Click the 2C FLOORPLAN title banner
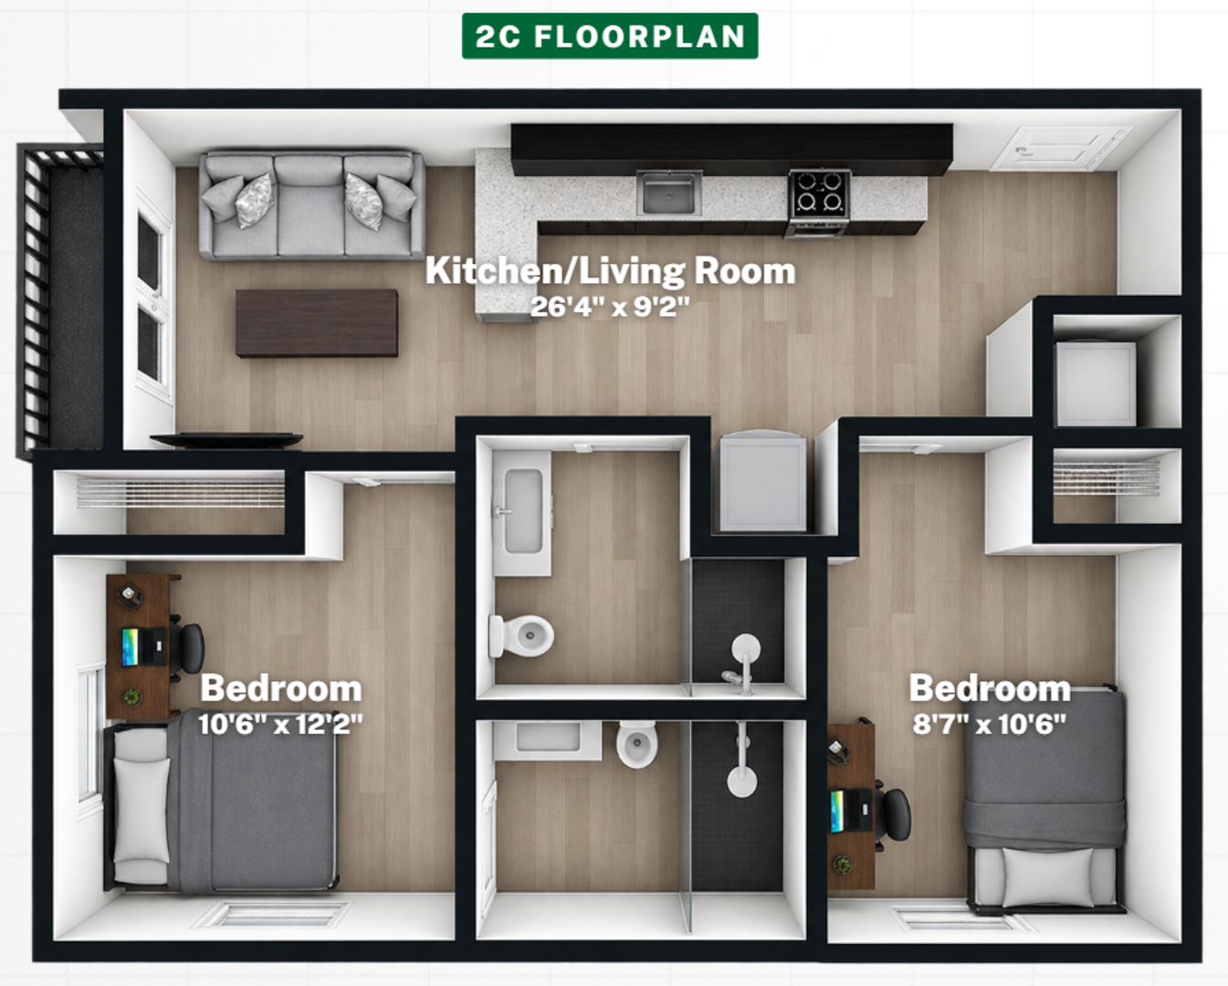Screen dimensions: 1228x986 610,36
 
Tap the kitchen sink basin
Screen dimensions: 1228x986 668,193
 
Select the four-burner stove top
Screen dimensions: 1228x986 819,192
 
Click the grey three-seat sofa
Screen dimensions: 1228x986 311,205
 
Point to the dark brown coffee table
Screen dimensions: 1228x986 317,323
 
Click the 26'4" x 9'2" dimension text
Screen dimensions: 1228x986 610,307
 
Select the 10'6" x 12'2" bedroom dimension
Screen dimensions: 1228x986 280,725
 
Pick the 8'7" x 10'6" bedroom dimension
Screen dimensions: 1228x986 990,725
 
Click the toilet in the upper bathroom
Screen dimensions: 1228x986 521,635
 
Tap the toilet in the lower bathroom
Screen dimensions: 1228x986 637,743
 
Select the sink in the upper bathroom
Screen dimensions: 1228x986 522,512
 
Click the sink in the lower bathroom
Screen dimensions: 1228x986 547,740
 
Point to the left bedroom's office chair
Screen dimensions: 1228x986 188,648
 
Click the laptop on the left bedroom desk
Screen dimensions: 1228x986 144,647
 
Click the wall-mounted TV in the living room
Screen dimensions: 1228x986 226,439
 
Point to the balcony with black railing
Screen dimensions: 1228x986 60,299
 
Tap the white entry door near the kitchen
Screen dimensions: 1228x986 1061,149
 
